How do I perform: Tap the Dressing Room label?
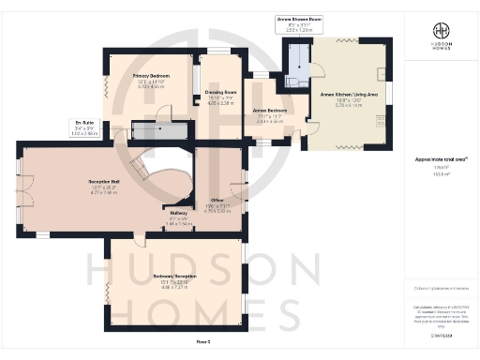[x=219, y=92]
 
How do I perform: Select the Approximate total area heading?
[x=436, y=160]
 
